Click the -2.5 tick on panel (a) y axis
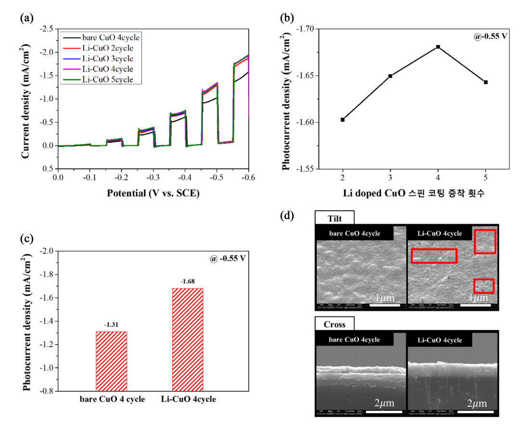(47, 29)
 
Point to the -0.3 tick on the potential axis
(153, 177)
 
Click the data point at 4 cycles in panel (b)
(438, 47)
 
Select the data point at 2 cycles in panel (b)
(343, 120)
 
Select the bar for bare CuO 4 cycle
(112, 361)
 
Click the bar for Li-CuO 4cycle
(188, 340)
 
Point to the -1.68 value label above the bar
(188, 281)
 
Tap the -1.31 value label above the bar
(112, 325)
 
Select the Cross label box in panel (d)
(334, 325)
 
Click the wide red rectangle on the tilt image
(434, 256)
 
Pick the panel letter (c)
(27, 239)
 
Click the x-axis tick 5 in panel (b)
(486, 177)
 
